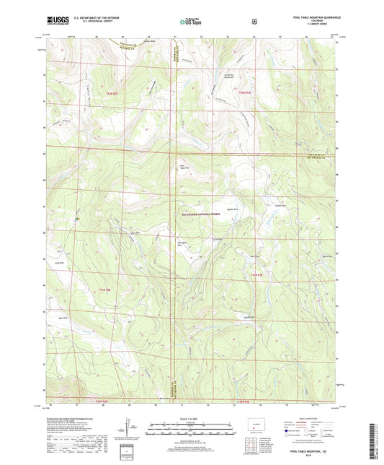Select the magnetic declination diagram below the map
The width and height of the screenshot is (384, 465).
128,428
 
